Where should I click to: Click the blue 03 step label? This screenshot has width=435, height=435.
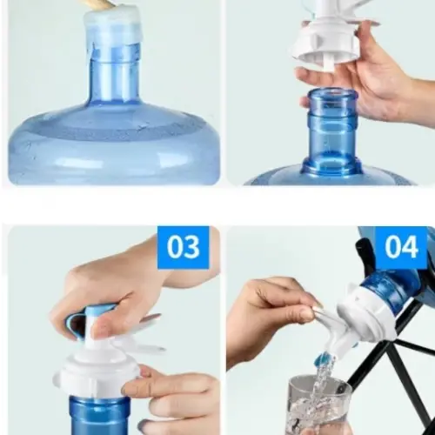[184, 247]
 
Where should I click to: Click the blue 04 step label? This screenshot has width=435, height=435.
[401, 247]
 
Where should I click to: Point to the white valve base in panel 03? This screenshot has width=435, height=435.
[96, 377]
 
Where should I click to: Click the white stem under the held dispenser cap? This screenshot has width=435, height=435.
[331, 64]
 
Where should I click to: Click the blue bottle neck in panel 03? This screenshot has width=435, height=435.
[99, 416]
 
